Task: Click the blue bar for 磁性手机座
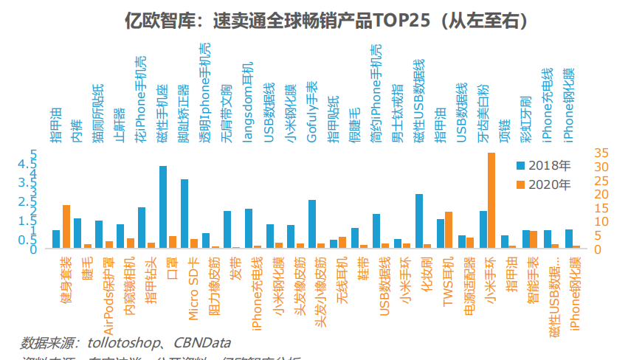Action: click(163, 207)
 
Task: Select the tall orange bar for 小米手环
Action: click(491, 201)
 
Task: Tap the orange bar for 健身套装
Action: click(66, 226)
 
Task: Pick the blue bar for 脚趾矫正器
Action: click(184, 214)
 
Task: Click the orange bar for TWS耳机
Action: click(449, 230)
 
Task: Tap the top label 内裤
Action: click(77, 127)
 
